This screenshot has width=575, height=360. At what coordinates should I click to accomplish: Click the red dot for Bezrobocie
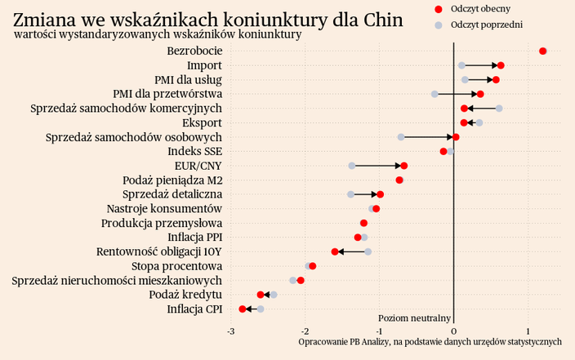point(543,51)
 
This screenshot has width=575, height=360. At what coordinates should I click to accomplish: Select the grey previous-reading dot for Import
point(461,65)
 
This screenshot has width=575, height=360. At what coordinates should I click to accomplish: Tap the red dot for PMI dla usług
point(496,80)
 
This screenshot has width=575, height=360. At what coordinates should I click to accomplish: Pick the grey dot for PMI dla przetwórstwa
point(435,94)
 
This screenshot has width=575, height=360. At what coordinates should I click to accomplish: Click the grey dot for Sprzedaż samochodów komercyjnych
point(499,109)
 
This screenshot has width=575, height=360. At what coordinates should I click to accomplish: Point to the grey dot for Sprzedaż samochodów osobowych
point(401,137)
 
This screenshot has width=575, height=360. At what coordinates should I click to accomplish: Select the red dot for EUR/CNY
point(403,166)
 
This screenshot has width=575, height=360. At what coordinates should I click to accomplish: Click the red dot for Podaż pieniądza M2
point(399,180)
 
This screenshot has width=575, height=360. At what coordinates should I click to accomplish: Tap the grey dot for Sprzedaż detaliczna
point(350,194)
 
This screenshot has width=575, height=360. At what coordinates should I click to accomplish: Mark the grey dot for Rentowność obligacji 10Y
point(368,251)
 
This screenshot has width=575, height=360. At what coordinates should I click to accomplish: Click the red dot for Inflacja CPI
point(243,309)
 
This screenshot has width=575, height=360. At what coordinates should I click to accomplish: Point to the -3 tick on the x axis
point(230,331)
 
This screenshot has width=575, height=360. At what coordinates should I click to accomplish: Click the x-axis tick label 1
point(528,331)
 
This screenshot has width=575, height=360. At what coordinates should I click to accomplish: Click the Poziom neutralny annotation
point(415,318)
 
